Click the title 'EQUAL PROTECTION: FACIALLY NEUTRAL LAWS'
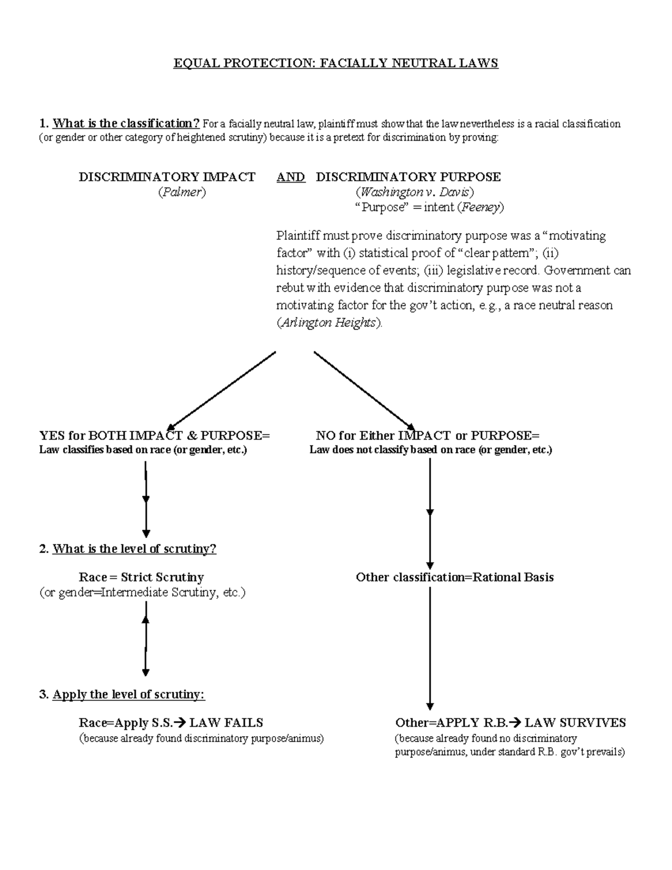[x=335, y=63]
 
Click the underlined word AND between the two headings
[x=291, y=177]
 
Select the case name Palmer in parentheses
[x=182, y=192]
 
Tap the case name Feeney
[x=480, y=207]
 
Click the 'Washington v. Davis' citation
[x=415, y=192]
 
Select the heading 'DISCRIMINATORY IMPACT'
[x=167, y=177]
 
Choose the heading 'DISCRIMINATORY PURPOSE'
[x=408, y=177]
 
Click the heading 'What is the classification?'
[x=126, y=123]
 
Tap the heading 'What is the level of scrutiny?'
[x=134, y=548]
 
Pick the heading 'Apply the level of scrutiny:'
[x=129, y=695]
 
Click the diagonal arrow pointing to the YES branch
[x=222, y=390]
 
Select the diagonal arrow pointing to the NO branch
[x=364, y=390]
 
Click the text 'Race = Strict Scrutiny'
[x=141, y=577]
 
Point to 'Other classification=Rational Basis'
[x=455, y=577]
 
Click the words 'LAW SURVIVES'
[x=575, y=723]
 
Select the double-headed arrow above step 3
[x=146, y=639]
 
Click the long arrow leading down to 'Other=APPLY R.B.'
[x=430, y=647]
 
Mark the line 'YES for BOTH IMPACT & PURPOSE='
[x=155, y=435]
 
